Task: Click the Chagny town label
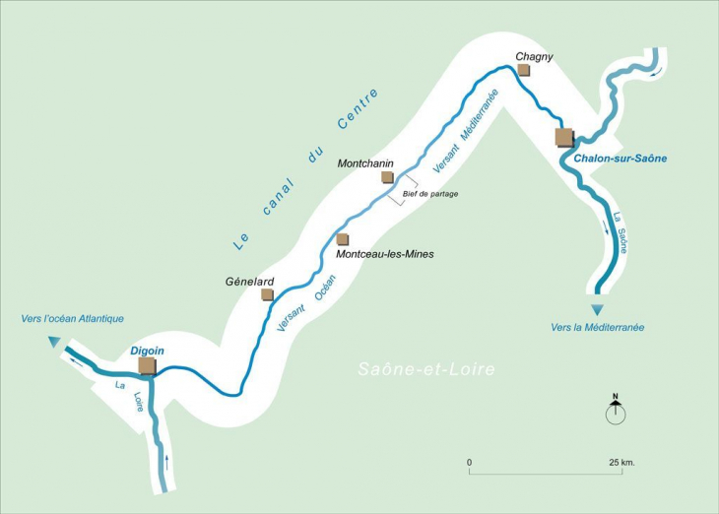click(x=534, y=56)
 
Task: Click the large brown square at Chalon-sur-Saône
click(x=564, y=136)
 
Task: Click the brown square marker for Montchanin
click(x=387, y=177)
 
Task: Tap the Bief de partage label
click(x=430, y=194)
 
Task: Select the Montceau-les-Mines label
click(x=384, y=254)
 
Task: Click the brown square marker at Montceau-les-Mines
click(x=342, y=239)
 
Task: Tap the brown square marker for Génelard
click(x=266, y=294)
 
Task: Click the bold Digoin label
click(x=147, y=351)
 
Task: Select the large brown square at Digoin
click(x=147, y=366)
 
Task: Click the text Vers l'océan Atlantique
click(x=73, y=318)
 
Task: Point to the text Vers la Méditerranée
click(x=598, y=327)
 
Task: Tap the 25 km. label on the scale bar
click(x=621, y=462)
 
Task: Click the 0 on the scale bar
click(x=470, y=462)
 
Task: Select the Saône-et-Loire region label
click(x=425, y=370)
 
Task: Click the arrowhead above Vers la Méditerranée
click(x=597, y=310)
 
